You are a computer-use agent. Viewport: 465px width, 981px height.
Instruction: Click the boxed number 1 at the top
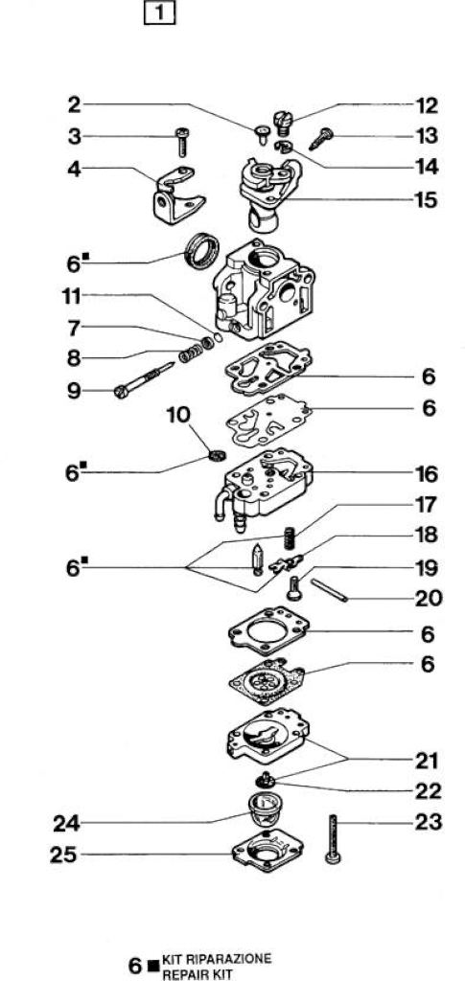pos(159,13)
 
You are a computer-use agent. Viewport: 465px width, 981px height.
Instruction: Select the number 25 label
pos(64,855)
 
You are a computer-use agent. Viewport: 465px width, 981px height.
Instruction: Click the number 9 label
pos(75,391)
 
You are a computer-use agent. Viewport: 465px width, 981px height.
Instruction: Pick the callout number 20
pos(428,598)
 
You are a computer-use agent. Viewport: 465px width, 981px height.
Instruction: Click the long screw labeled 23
pos(334,839)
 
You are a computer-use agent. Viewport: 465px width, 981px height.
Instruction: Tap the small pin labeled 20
pos(329,590)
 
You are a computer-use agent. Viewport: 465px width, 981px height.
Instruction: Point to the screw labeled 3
pos(183,142)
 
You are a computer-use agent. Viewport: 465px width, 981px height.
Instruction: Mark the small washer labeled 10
pos(217,456)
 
